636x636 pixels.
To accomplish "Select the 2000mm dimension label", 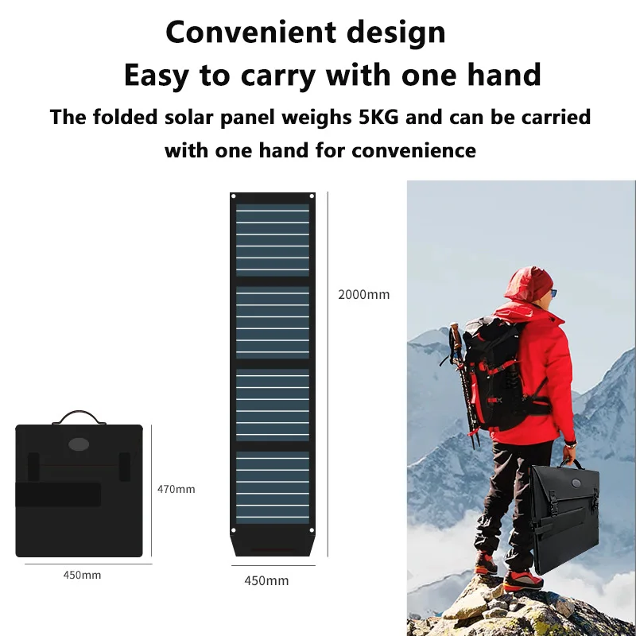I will (364, 294).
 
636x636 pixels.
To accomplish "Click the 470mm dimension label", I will (176, 489).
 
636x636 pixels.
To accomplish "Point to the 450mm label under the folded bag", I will (82, 575).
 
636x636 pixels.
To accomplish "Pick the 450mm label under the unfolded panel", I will (266, 581).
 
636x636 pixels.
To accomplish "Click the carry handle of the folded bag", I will (79, 417).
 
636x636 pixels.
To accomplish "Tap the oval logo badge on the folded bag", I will (79, 443).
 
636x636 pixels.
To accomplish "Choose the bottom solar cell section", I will (272, 487).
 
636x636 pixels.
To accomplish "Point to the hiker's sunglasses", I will (552, 293).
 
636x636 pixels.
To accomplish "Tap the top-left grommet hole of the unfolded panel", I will (235, 196).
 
